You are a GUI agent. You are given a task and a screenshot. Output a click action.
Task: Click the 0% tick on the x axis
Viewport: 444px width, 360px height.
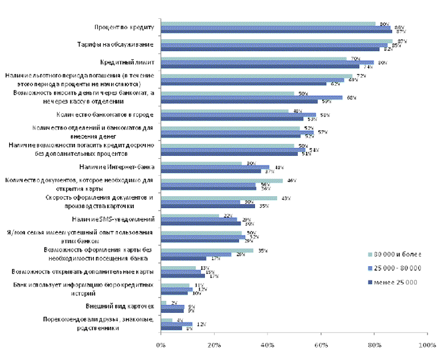(x=161, y=345)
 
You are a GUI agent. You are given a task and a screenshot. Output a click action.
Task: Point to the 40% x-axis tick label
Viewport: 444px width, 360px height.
(x=268, y=345)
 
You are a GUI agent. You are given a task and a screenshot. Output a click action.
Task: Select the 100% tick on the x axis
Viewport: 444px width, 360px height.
(x=427, y=345)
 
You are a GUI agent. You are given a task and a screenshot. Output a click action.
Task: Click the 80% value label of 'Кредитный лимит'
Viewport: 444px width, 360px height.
(x=383, y=63)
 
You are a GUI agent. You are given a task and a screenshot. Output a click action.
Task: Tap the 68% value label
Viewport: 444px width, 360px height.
(x=351, y=98)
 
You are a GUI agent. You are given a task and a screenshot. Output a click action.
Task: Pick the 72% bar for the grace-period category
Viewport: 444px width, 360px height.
(x=257, y=76)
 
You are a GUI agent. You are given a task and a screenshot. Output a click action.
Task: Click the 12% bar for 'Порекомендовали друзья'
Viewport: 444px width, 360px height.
(x=176, y=324)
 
